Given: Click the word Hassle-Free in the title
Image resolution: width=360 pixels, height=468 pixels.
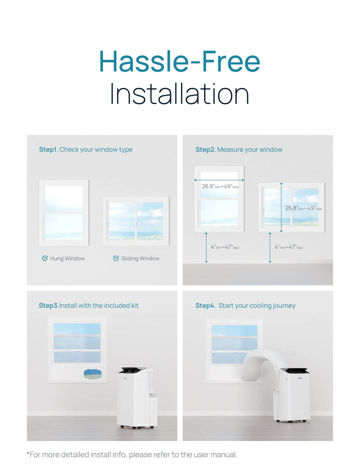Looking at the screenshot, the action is [x=180, y=62].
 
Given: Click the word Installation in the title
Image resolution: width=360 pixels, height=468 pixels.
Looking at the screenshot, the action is [x=180, y=94].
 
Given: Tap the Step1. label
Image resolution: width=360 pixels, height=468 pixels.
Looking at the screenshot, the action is [x=49, y=149].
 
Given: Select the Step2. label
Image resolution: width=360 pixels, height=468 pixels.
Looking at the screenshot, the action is [x=206, y=149].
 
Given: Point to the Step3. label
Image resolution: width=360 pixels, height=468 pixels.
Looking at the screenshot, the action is [x=49, y=306].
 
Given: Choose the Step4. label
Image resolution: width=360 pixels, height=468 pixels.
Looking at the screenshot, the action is [x=205, y=306].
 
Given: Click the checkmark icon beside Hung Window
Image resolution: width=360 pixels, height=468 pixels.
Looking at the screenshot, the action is [x=45, y=258].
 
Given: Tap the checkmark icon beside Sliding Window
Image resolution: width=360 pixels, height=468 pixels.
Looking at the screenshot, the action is [x=116, y=258].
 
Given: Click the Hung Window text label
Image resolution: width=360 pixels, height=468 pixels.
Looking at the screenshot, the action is [x=67, y=258].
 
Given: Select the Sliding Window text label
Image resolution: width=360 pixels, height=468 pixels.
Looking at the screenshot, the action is [x=140, y=258].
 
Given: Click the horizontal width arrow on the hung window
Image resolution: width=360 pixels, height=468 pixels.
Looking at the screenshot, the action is [x=219, y=180].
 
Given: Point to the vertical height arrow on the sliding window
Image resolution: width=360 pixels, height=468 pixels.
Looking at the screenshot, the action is [x=281, y=207].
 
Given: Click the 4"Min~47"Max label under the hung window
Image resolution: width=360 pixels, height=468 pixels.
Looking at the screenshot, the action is [x=225, y=247].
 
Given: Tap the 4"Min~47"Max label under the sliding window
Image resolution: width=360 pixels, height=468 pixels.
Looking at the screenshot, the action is [x=289, y=247].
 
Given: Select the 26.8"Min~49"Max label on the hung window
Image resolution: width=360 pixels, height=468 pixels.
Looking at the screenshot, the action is [x=220, y=186].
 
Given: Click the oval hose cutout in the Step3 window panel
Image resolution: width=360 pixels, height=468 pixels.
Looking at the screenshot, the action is [x=92, y=374].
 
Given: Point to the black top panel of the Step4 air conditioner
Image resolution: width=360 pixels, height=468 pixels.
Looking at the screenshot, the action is [x=295, y=370].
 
